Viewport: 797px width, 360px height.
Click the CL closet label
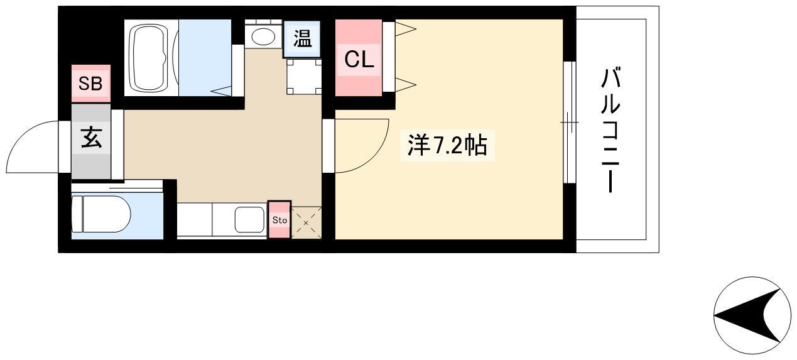pyautogui.click(x=359, y=60)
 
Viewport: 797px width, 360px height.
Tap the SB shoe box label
pyautogui.click(x=90, y=84)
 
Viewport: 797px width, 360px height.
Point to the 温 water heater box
pyautogui.click(x=302, y=38)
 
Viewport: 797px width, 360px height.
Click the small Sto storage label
pyautogui.click(x=279, y=221)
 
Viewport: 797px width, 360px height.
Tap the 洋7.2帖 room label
pyautogui.click(x=447, y=145)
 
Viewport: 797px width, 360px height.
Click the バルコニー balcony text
pyautogui.click(x=610, y=130)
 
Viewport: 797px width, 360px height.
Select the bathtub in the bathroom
pyautogui.click(x=150, y=58)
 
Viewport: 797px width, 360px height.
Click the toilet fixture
pyautogui.click(x=101, y=214)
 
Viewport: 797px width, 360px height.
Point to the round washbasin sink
pyautogui.click(x=263, y=36)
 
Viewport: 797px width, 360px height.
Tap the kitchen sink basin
pyautogui.click(x=249, y=220)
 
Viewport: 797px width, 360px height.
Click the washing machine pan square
pyautogui.click(x=304, y=77)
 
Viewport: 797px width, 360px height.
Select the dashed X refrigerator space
pyautogui.click(x=306, y=223)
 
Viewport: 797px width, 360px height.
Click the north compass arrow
pyautogui.click(x=747, y=315)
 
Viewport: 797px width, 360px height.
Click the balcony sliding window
pyautogui.click(x=570, y=122)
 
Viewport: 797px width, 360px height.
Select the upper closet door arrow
pyautogui.click(x=406, y=29)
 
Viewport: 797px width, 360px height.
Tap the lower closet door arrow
pyautogui.click(x=406, y=85)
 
